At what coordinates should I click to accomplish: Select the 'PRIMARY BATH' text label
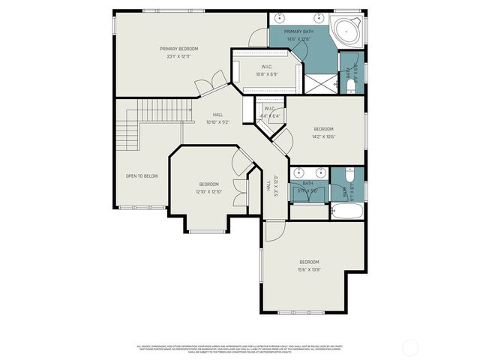297,31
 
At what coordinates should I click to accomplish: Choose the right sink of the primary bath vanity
318,16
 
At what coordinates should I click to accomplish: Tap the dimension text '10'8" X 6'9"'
266,74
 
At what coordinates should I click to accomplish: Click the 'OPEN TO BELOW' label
142,176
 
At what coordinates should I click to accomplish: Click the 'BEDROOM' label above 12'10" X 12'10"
208,184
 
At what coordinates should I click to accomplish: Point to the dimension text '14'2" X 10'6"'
324,136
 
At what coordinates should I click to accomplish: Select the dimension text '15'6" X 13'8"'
309,268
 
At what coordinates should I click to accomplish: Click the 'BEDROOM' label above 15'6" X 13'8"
309,262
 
